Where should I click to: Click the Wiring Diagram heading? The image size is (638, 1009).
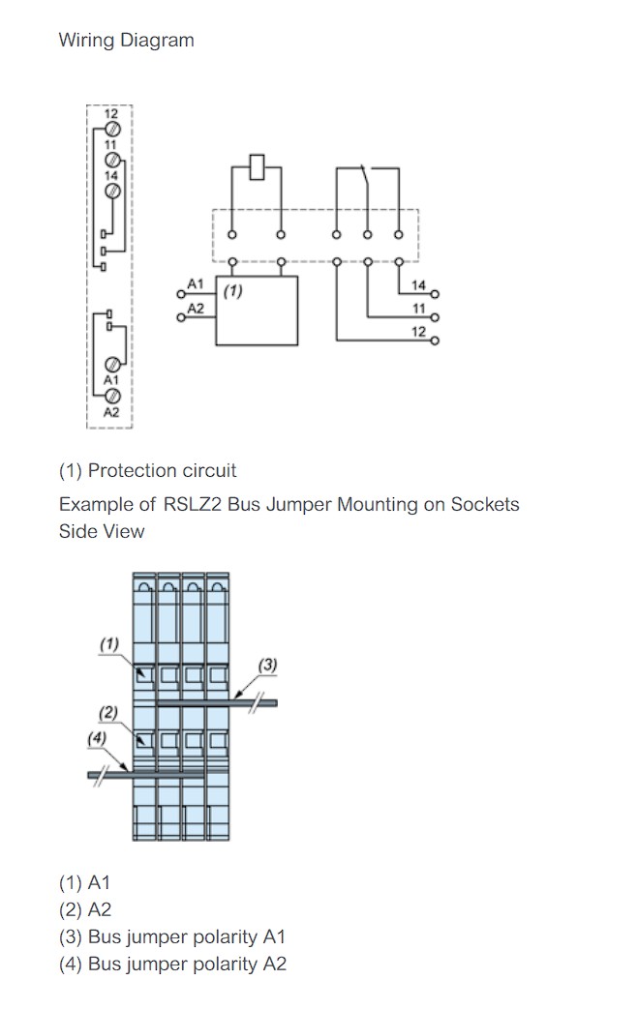(126, 40)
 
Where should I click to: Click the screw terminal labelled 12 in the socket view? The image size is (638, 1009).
(112, 129)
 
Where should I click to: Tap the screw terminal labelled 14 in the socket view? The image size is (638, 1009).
(112, 191)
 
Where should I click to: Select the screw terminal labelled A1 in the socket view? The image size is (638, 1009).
(112, 365)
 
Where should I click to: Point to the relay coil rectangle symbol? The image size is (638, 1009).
(257, 167)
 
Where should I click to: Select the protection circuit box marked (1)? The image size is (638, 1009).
(257, 311)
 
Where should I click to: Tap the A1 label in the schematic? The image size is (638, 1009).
(195, 283)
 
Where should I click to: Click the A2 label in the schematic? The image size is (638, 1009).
(195, 309)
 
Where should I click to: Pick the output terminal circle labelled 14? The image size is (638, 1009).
(436, 294)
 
